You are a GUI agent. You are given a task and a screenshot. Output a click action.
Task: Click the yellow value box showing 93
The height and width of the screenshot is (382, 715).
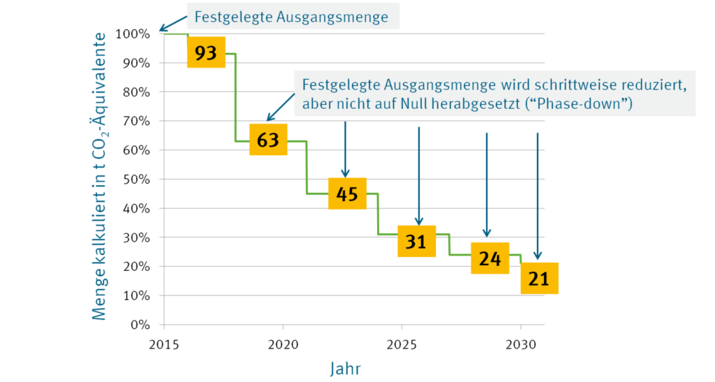pos(206,52)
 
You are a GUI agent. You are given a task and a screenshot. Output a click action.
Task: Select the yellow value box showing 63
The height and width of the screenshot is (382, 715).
pos(268,140)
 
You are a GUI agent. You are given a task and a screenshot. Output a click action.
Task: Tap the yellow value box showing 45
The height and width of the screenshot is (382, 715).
pos(347,193)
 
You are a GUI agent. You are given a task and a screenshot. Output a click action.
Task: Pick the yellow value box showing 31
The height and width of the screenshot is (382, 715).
pos(416,242)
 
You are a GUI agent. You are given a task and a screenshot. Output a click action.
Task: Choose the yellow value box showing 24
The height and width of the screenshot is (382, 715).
pos(490,258)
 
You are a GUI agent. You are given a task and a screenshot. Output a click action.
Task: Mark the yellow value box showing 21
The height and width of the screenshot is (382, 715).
pos(539,279)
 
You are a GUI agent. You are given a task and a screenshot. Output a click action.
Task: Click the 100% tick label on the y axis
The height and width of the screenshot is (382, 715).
pos(133,34)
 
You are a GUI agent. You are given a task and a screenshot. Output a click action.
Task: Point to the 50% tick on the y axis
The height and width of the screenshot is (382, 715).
pos(136,179)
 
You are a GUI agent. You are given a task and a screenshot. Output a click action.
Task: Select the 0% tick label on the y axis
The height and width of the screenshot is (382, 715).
pos(140,325)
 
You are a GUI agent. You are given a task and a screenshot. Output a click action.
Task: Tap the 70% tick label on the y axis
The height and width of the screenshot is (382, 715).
pos(136,121)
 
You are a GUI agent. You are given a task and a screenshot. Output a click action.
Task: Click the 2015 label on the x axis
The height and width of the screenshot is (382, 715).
pos(164,344)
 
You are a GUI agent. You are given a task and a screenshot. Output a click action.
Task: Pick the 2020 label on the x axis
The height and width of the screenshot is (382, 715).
pos(283,344)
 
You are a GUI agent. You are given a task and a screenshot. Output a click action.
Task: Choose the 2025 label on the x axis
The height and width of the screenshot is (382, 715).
pos(401,344)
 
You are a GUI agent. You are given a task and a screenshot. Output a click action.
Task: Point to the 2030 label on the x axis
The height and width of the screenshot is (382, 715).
pos(520,344)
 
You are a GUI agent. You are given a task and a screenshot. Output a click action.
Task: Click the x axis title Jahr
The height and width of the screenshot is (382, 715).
pos(346,367)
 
